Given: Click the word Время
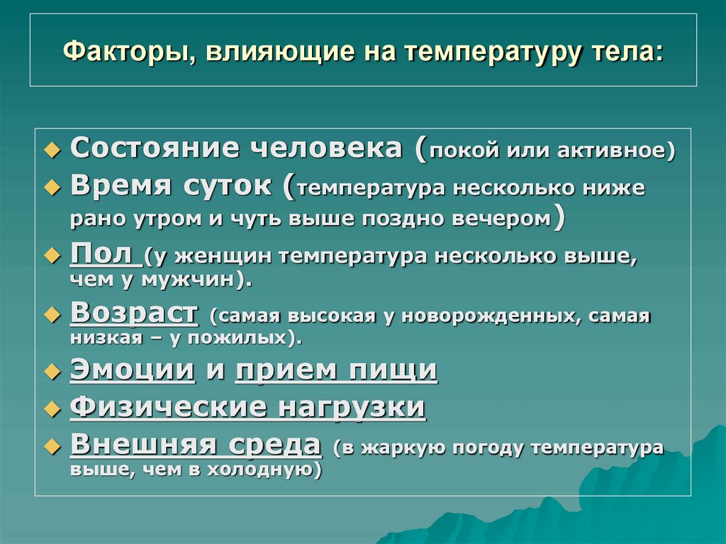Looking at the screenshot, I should tap(121, 187).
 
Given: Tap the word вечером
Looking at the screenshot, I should tap(503, 219).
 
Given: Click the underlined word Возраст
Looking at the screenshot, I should tap(134, 313).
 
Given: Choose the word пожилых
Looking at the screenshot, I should tap(253, 339).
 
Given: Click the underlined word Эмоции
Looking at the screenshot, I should tap(133, 370).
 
